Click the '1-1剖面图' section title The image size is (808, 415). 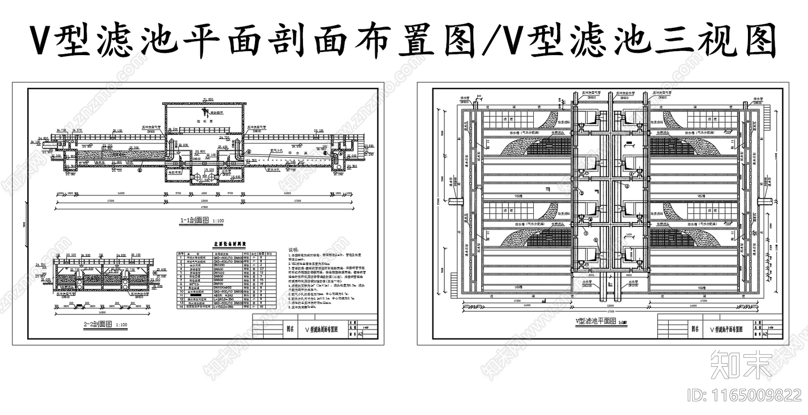191,221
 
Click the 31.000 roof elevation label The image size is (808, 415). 208,99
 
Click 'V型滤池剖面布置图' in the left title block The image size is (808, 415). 322,329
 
